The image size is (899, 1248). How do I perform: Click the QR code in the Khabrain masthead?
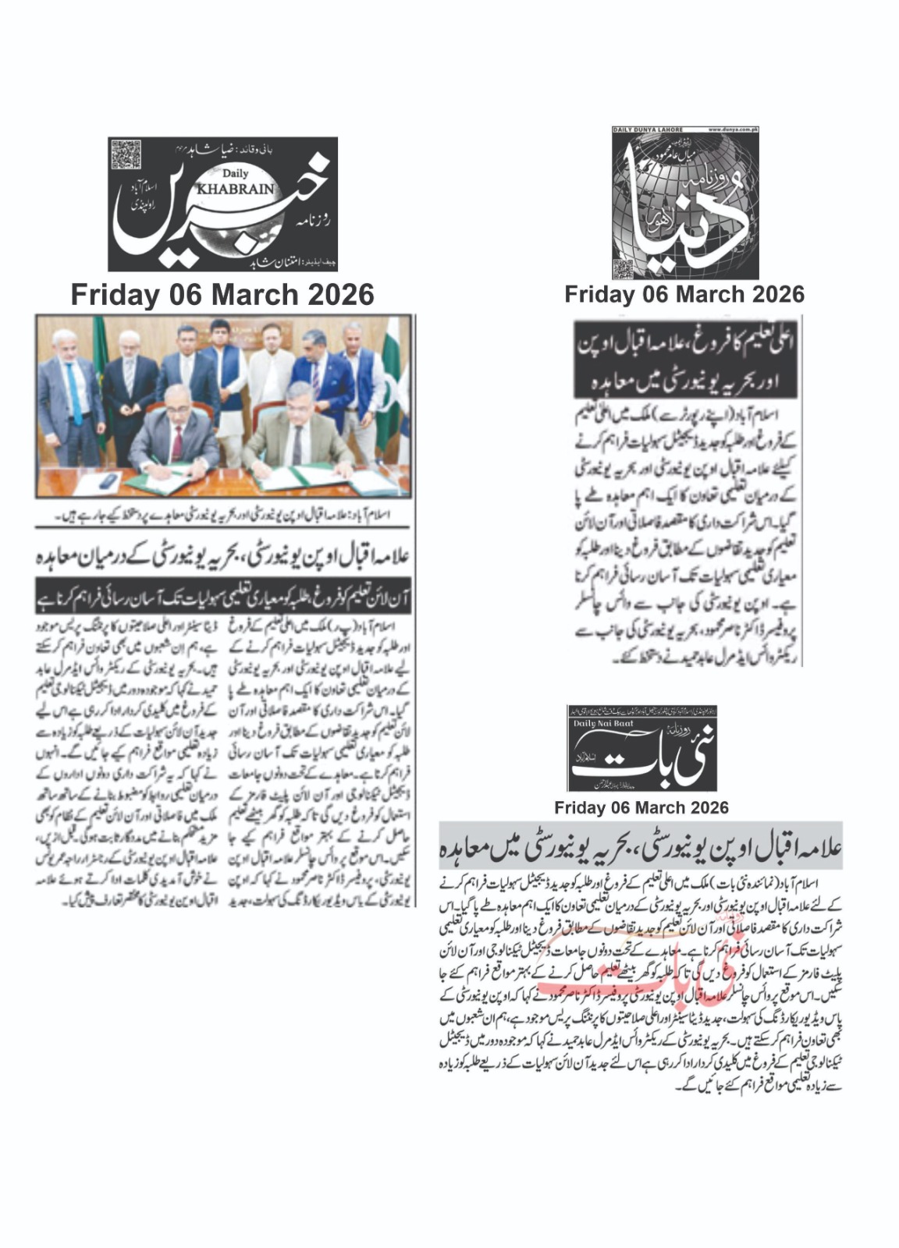[x=126, y=154]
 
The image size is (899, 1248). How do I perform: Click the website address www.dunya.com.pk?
[x=733, y=129]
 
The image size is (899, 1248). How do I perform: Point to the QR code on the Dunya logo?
[x=623, y=269]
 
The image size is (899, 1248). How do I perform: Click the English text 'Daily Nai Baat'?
[x=602, y=724]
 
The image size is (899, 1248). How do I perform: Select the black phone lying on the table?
[x=109, y=480]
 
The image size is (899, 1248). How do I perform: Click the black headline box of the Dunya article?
[x=685, y=360]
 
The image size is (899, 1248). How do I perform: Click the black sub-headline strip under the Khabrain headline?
[x=223, y=597]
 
